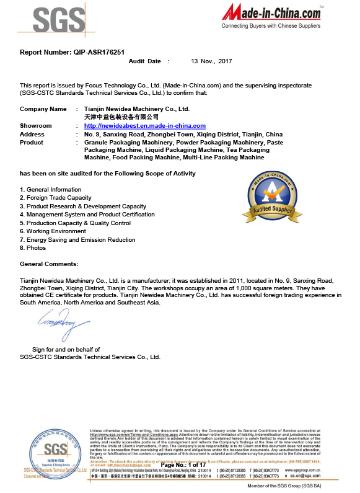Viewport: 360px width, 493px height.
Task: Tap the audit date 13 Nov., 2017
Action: click(211, 61)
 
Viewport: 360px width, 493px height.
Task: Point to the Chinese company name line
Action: click(121, 117)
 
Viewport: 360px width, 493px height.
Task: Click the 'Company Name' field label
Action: click(43, 109)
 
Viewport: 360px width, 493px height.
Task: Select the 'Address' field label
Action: click(32, 134)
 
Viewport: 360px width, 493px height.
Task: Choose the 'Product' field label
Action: click(32, 142)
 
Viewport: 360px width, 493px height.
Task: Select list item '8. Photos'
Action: click(33, 248)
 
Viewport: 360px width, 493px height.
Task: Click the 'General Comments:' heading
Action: click(49, 264)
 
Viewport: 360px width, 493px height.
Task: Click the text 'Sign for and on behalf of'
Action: click(66, 350)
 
